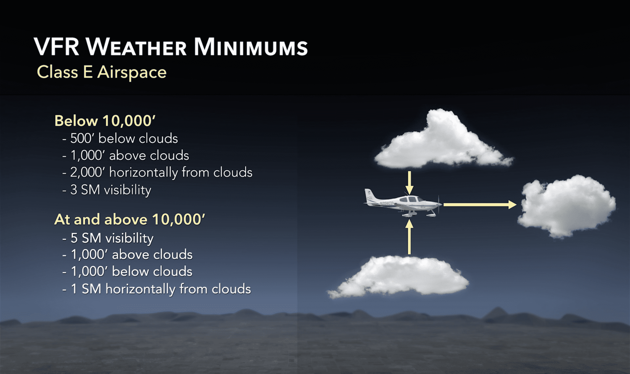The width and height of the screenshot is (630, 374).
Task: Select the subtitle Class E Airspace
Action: click(102, 72)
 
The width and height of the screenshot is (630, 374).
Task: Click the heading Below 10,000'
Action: click(105, 121)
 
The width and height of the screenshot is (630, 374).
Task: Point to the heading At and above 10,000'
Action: click(130, 220)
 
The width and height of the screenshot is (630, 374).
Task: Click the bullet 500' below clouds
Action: click(124, 139)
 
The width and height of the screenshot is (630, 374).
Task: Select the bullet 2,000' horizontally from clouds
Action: click(161, 172)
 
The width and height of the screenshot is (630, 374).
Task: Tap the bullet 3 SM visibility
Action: click(110, 190)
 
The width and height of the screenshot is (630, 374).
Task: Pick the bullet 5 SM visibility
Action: click(112, 238)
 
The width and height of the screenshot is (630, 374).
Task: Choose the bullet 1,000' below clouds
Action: click(131, 272)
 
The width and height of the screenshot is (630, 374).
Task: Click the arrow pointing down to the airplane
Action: click(409, 182)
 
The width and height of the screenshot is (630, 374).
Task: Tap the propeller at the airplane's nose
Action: click(439, 204)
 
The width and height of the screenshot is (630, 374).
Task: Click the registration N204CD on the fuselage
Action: click(386, 203)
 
